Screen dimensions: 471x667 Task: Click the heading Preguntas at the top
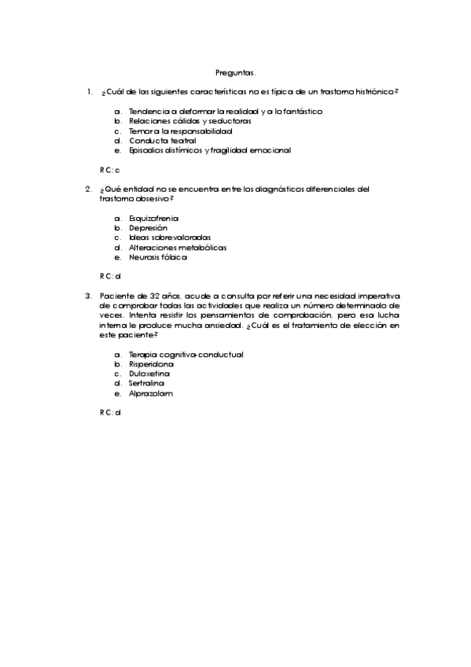pos(235,72)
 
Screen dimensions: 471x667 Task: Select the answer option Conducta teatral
pos(162,140)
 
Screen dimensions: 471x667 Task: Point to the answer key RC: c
pos(109,169)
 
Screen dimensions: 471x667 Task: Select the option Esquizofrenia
pos(153,217)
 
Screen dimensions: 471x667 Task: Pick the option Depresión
pos(148,227)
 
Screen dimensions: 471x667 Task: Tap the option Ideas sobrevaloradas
pos(170,237)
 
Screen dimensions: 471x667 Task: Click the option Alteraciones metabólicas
pos(178,247)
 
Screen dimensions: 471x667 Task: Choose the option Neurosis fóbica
pos(158,256)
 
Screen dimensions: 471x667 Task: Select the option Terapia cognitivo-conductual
pos(186,354)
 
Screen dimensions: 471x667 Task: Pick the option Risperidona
pos(151,364)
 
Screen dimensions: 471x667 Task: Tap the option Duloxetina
pos(149,374)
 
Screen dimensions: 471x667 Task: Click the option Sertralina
pos(147,383)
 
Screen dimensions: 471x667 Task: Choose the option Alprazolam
pos(150,393)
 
